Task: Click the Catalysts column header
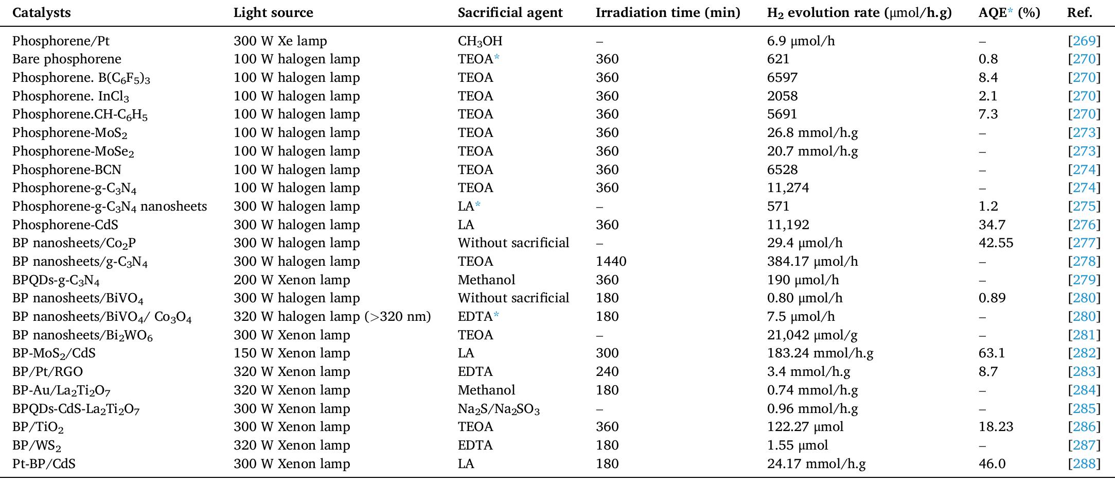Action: [x=41, y=12]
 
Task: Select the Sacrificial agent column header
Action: [x=510, y=12]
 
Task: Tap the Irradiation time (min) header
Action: [x=667, y=12]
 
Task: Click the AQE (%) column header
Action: [x=1008, y=12]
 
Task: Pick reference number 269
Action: [x=1084, y=41]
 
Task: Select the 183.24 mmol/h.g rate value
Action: [x=820, y=353]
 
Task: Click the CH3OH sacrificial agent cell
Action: [x=480, y=41]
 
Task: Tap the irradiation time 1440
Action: [x=611, y=262]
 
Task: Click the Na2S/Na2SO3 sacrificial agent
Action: [x=498, y=409]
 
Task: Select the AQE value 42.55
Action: [x=996, y=243]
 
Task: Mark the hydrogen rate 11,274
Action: [x=788, y=188]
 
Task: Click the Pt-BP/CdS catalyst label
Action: [x=44, y=464]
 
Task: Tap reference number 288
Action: [x=1084, y=464]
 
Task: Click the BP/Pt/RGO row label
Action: [x=47, y=372]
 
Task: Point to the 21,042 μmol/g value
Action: [x=812, y=335]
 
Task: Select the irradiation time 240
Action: [x=607, y=372]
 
